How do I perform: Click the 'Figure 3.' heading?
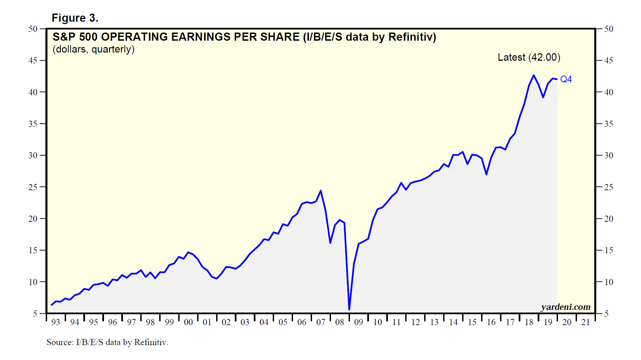(x=75, y=18)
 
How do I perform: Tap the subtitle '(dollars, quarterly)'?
(x=94, y=49)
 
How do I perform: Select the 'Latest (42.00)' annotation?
(x=529, y=57)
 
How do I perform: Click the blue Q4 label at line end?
(x=566, y=79)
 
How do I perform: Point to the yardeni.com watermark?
(x=565, y=307)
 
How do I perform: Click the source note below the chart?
(x=107, y=342)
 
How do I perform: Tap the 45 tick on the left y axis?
(x=33, y=61)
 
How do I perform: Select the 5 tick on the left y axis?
(x=35, y=314)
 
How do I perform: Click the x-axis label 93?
(x=56, y=322)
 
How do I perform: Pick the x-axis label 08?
(x=339, y=322)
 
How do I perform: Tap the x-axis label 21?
(x=586, y=322)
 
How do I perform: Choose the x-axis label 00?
(x=188, y=322)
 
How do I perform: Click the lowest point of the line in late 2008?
(x=349, y=309)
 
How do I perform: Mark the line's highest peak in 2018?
(x=534, y=75)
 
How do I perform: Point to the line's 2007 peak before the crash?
(x=320, y=191)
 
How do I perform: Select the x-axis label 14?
(x=453, y=322)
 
